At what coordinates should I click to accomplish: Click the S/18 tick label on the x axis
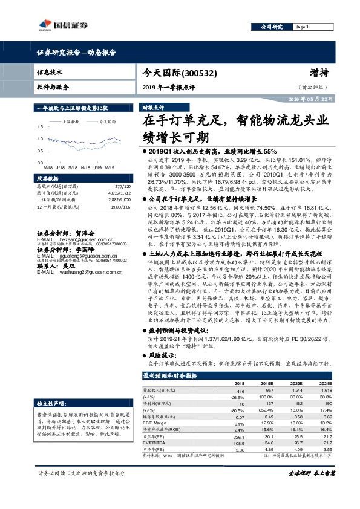click(72, 167)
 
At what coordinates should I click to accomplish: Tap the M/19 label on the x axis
click(110, 167)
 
